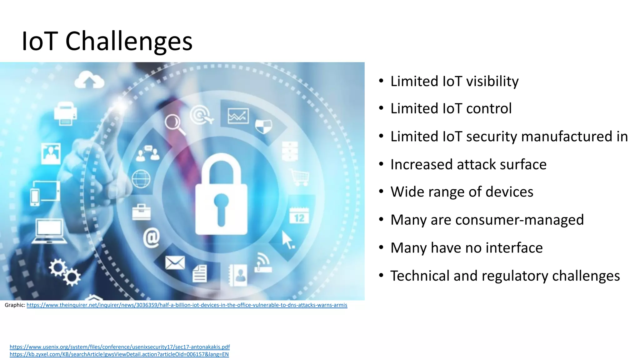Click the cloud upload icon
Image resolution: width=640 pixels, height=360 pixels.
89,80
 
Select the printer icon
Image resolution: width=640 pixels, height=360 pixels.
65,114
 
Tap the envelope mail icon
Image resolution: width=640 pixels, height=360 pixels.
175,262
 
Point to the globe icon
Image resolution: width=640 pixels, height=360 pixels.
141,179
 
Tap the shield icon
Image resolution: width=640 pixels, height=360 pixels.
263,126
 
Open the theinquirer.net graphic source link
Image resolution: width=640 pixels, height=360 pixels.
187,305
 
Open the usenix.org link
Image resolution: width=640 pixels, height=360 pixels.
120,347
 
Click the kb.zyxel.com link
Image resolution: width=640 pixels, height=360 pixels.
119,354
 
